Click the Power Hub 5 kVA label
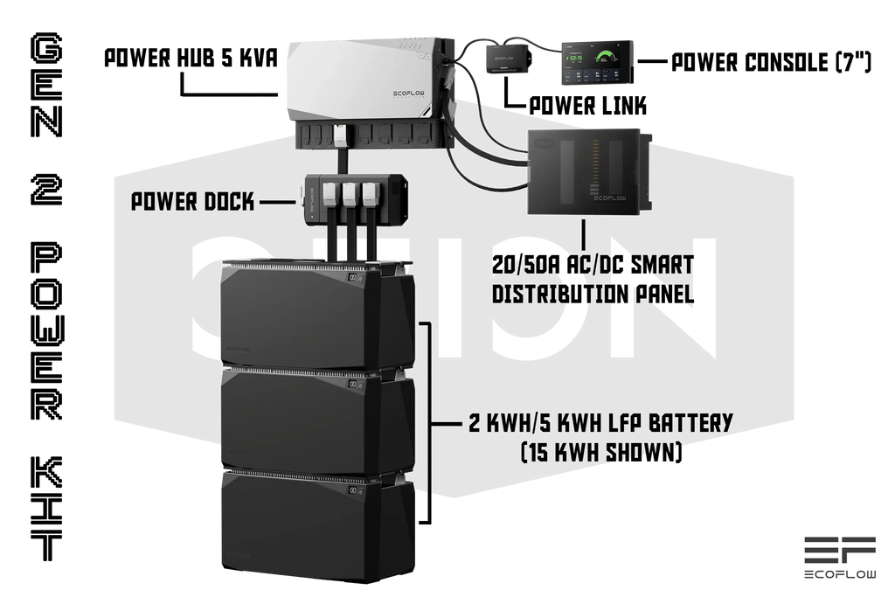click(x=191, y=59)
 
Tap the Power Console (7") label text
click(x=771, y=62)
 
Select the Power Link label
click(x=588, y=106)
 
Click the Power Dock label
click(x=193, y=201)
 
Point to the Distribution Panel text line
click(x=593, y=294)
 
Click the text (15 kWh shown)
click(x=601, y=452)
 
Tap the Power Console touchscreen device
click(x=598, y=62)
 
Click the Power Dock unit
click(x=355, y=199)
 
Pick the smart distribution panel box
click(x=588, y=172)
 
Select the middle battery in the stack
click(x=317, y=421)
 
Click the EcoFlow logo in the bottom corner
click(x=840, y=558)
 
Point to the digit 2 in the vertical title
click(x=46, y=190)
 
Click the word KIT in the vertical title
click(x=46, y=509)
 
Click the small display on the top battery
click(x=353, y=277)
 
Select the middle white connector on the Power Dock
click(x=350, y=193)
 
